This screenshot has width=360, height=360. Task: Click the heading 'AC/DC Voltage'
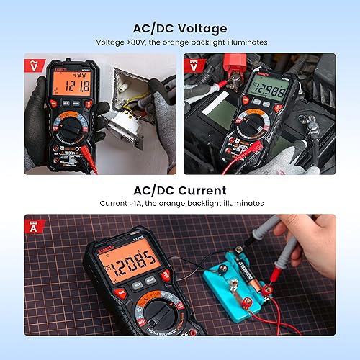pyautogui.click(x=179, y=28)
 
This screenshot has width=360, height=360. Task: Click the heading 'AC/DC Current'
pyautogui.click(x=179, y=191)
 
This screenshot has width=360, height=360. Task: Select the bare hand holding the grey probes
pyautogui.click(x=317, y=238)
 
